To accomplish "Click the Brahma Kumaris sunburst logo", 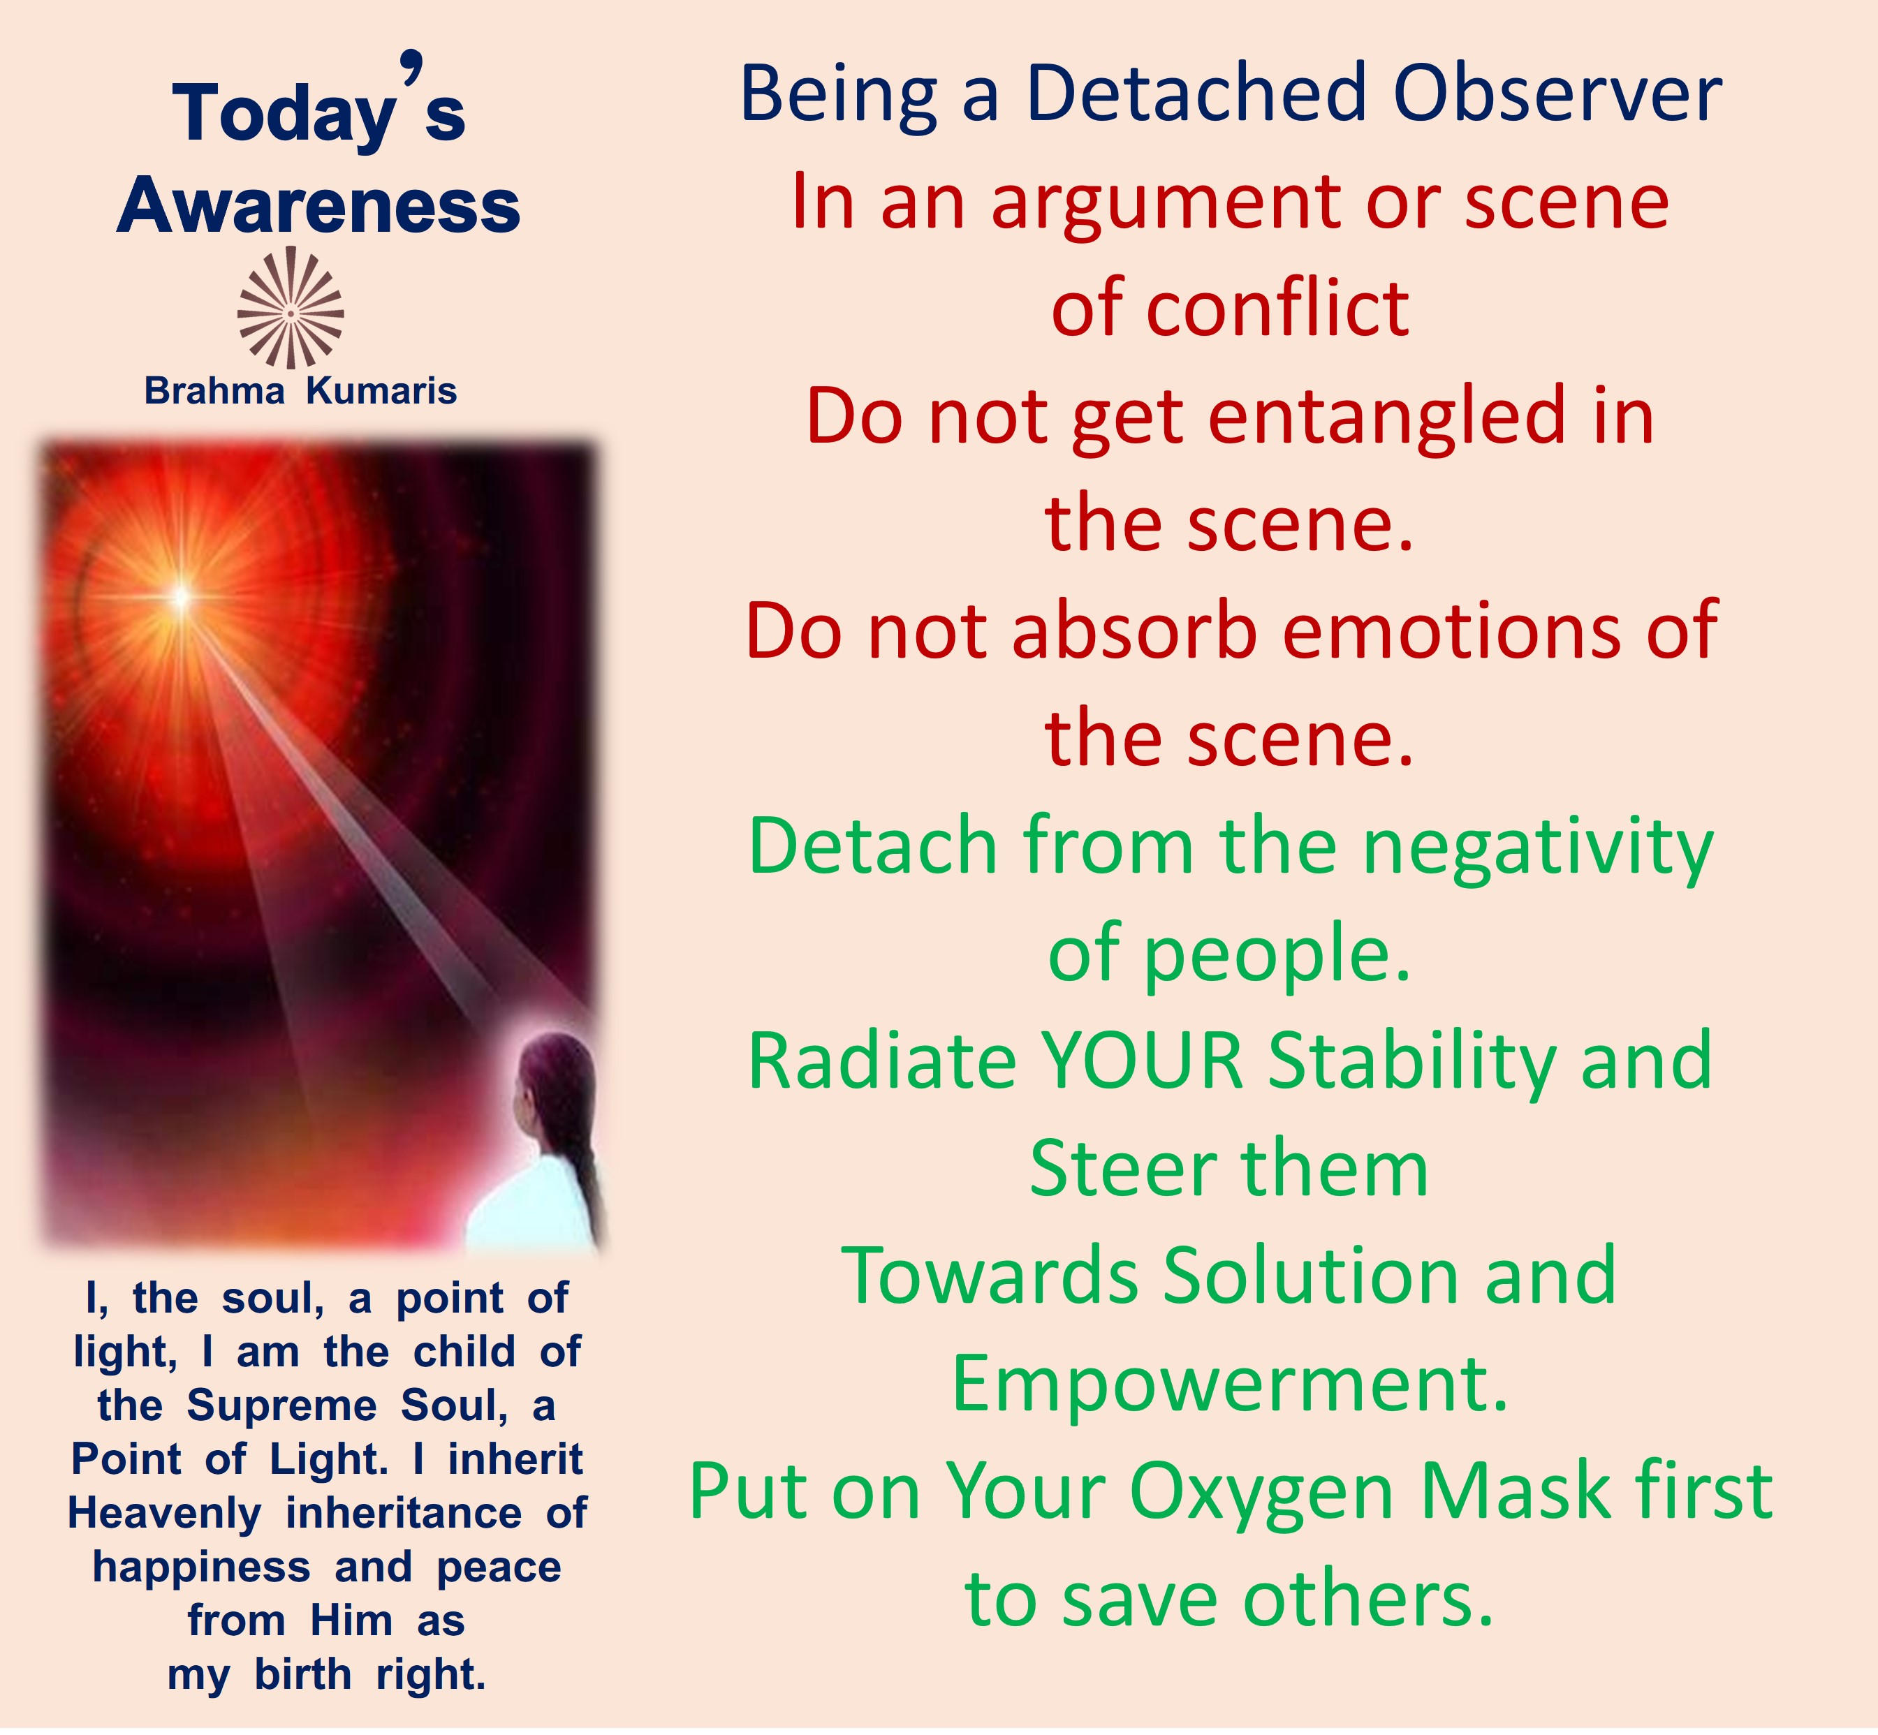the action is point(290,308).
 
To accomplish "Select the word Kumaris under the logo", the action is point(381,390).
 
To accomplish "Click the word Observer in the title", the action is point(1557,94).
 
